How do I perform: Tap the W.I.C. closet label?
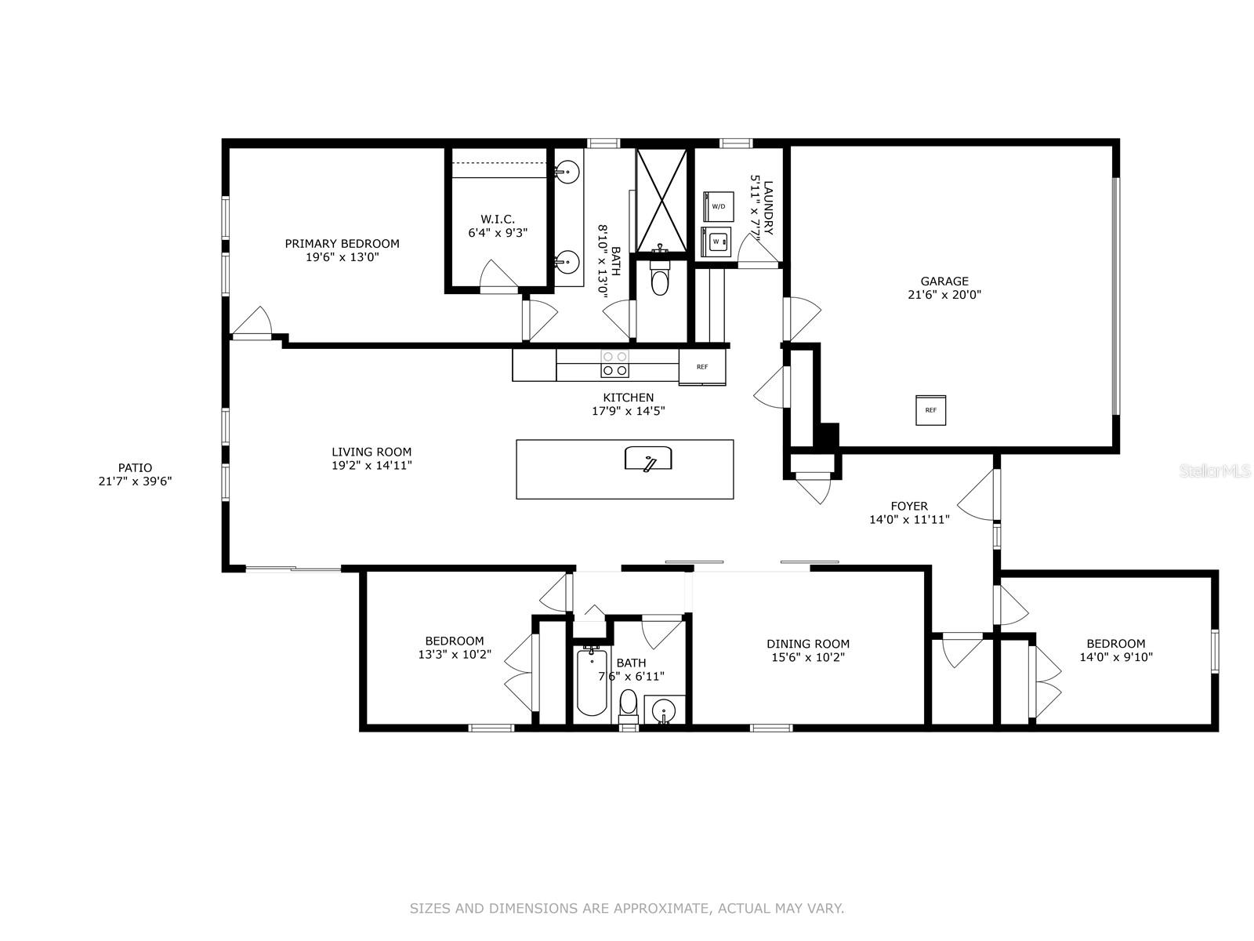click(x=498, y=219)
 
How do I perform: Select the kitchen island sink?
click(x=648, y=459)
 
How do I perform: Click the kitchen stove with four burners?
click(x=614, y=364)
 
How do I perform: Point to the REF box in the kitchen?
click(x=702, y=366)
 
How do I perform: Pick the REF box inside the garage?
click(x=930, y=409)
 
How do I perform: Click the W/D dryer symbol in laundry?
click(x=718, y=206)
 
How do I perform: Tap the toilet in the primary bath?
click(x=660, y=278)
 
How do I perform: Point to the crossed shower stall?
click(x=661, y=200)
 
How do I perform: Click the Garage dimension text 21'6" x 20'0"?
click(x=944, y=295)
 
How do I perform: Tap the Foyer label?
click(x=909, y=507)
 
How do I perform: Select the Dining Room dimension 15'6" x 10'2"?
click(x=808, y=658)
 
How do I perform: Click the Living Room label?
click(x=371, y=452)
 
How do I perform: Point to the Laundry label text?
click(x=768, y=208)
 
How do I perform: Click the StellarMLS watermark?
click(x=1215, y=471)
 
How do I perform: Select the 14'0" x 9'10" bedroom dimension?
click(x=1116, y=658)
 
